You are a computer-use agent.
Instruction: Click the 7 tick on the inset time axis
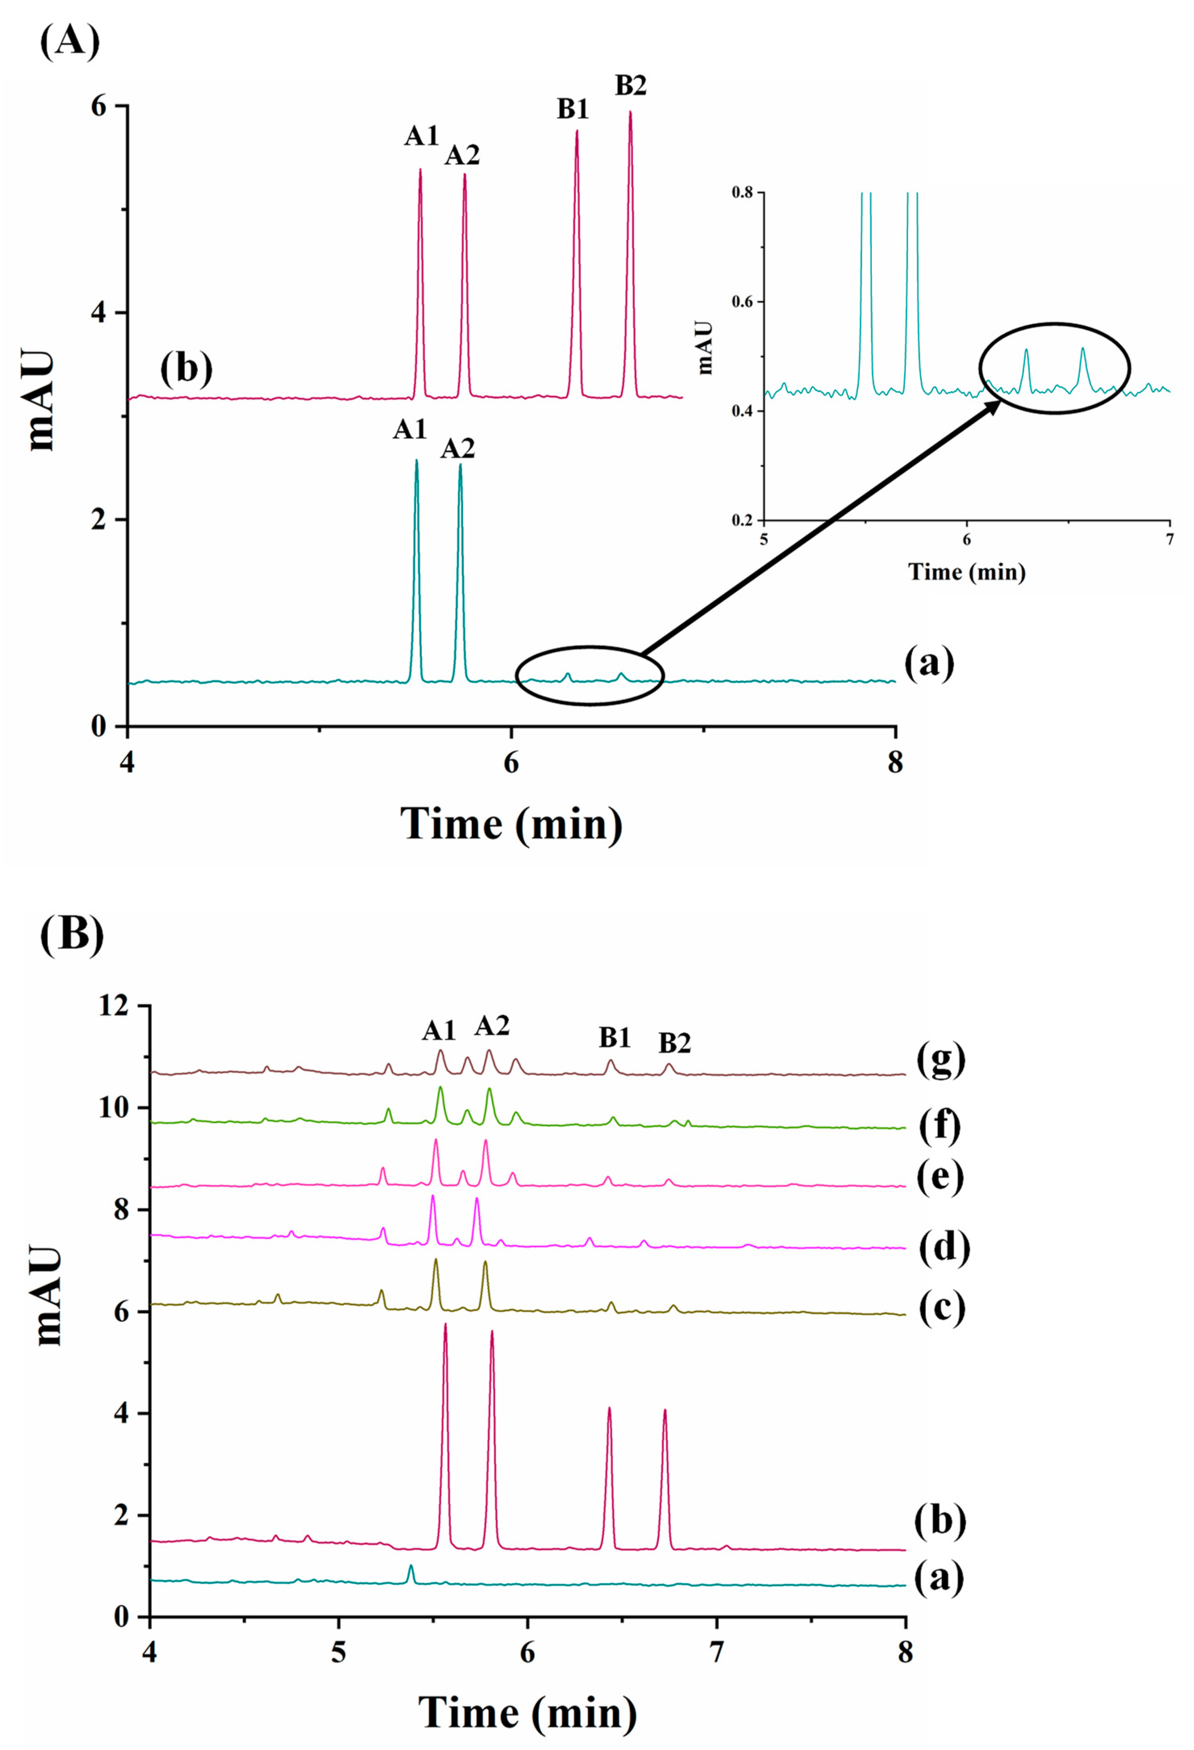(x=1169, y=539)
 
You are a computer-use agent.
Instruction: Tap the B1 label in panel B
(x=615, y=1038)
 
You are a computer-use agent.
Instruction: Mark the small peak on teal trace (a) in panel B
(x=410, y=1565)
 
